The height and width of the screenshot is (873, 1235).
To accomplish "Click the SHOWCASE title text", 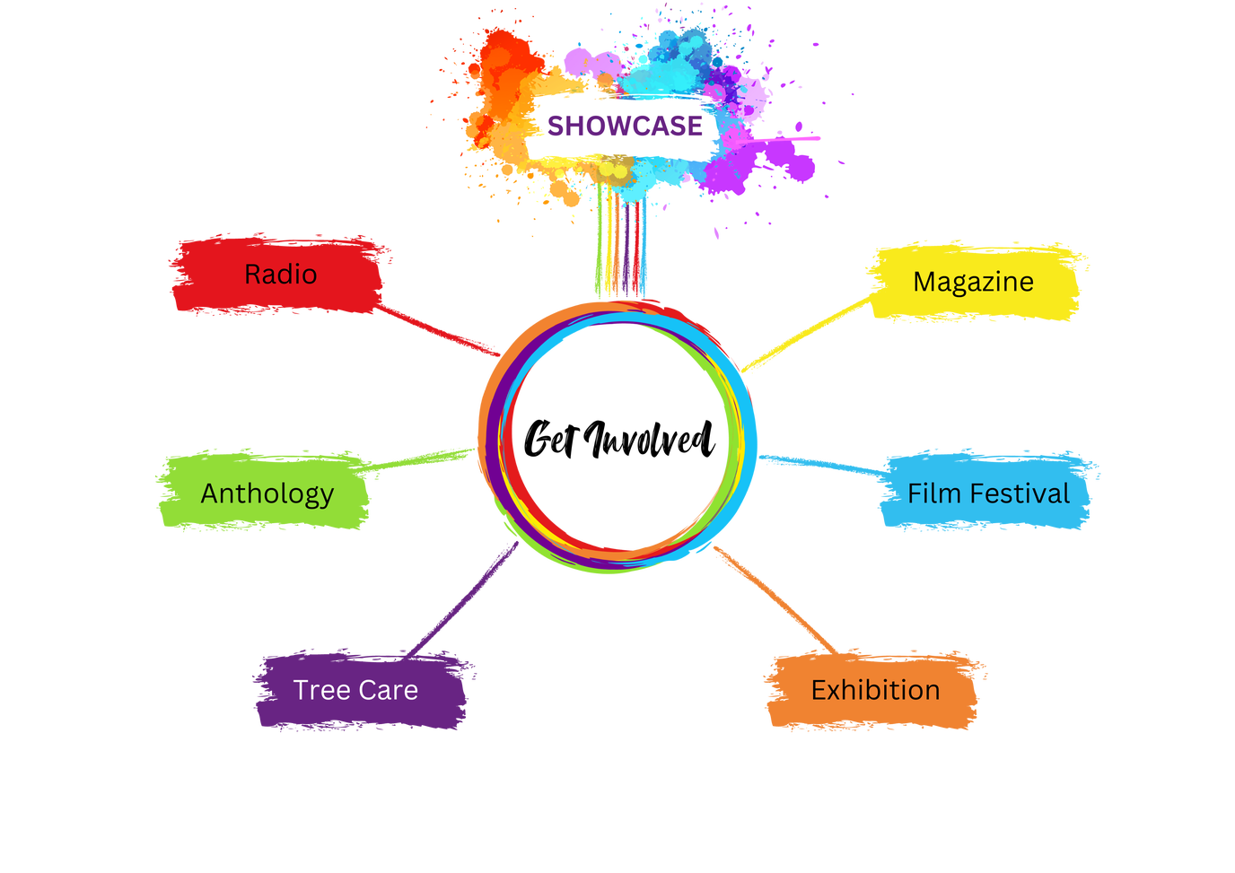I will pyautogui.click(x=625, y=126).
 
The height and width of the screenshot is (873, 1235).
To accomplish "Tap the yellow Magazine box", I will pyautogui.click(x=975, y=282).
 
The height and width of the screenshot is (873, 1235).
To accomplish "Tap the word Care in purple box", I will pyautogui.click(x=390, y=690).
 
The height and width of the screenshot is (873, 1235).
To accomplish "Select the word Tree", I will pyautogui.click(x=320, y=690).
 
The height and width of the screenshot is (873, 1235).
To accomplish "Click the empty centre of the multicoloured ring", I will pyautogui.click(x=619, y=435).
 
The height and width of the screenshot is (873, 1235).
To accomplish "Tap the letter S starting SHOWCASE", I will pyautogui.click(x=556, y=127).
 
